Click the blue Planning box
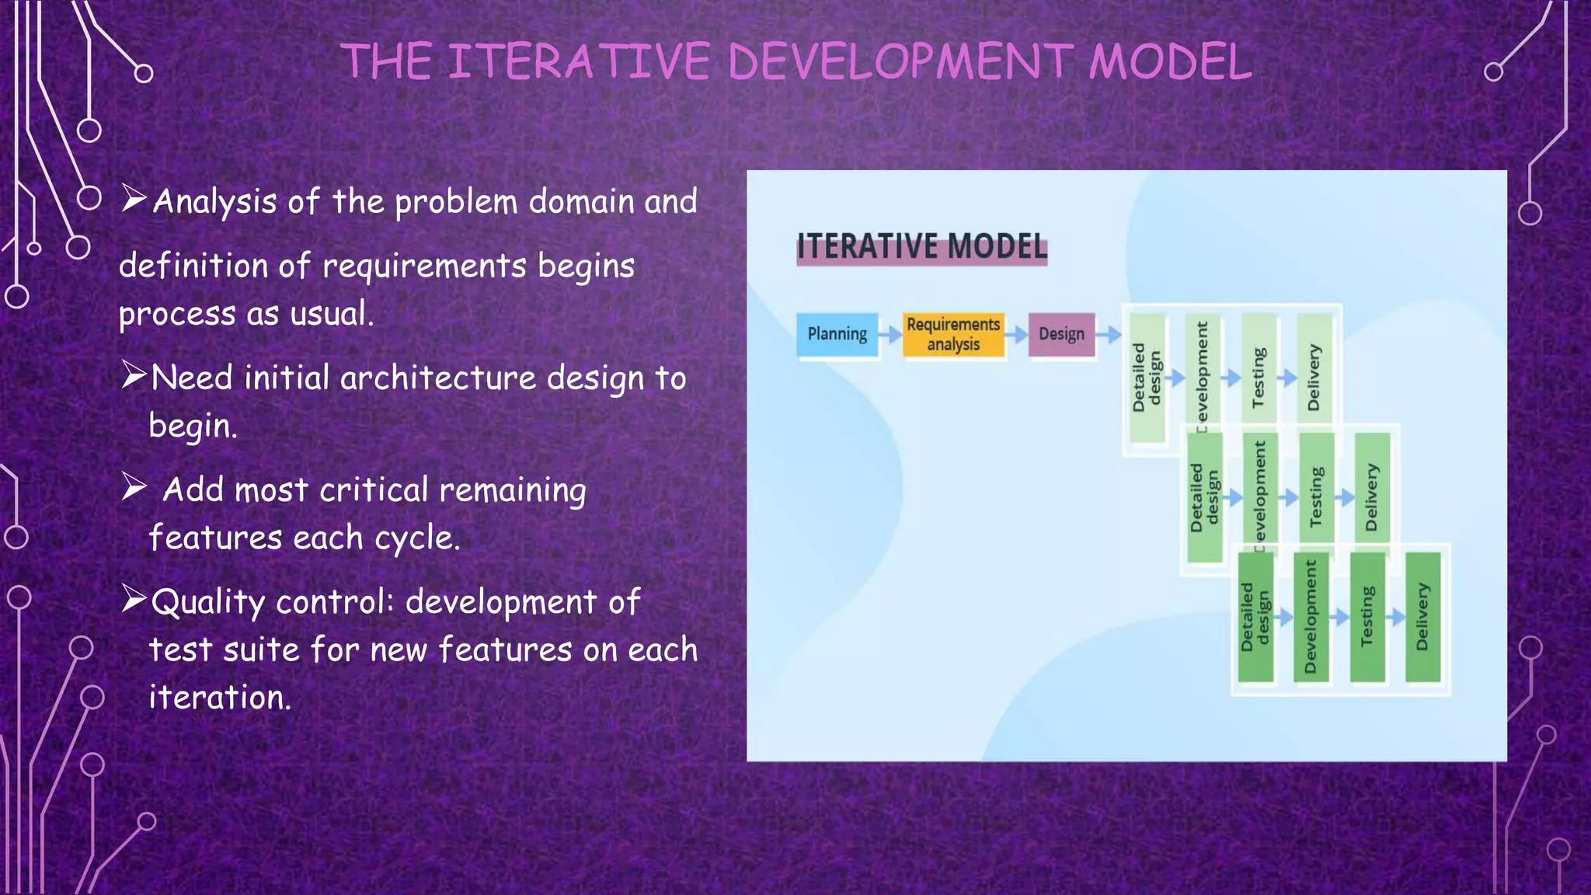coord(837,335)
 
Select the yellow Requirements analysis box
coord(953,335)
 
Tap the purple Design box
coord(1061,335)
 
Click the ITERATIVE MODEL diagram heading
coord(922,247)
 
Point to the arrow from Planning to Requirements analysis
coord(890,336)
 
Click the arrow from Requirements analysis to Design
coord(1016,336)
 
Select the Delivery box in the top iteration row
coord(1314,378)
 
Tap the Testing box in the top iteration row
coord(1259,378)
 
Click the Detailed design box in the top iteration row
coord(1147,378)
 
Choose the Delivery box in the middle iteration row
coord(1372,497)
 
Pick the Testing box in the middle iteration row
coord(1316,497)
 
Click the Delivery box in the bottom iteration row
coord(1423,617)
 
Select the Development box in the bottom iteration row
coord(1311,617)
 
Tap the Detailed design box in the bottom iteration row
coord(1255,617)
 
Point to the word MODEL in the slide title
coord(1170,61)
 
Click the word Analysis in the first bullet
coord(214,202)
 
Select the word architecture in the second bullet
coord(438,378)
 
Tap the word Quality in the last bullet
coord(208,602)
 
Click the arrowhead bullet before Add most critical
coord(134,487)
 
